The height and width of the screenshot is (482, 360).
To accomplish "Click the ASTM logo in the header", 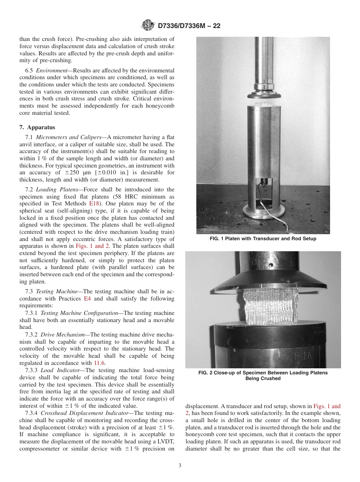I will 147,25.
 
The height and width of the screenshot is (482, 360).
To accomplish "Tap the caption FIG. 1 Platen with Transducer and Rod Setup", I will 263,239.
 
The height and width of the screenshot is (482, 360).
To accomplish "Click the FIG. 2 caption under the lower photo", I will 263,375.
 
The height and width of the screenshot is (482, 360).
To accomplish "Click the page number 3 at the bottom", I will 180,465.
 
